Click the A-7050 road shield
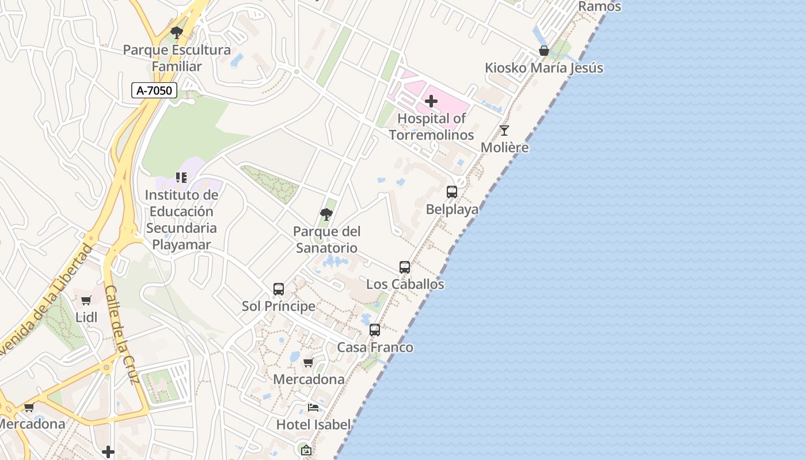(x=154, y=90)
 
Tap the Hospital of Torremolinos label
(x=431, y=126)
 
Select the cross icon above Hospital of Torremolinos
(x=431, y=102)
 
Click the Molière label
(x=504, y=147)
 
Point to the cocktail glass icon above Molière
(x=504, y=131)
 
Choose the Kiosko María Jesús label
(x=544, y=68)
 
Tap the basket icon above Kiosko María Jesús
(x=543, y=51)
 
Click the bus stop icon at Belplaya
(x=452, y=192)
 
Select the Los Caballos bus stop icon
(x=405, y=267)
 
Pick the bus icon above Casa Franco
(x=375, y=330)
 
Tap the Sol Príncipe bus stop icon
(x=279, y=289)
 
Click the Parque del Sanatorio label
(x=326, y=240)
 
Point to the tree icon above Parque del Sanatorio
(x=326, y=215)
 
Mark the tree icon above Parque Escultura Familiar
(x=177, y=33)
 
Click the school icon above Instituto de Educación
(x=181, y=178)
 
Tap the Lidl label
(x=86, y=317)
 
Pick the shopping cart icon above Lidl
(x=86, y=300)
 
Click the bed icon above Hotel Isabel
(x=313, y=408)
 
